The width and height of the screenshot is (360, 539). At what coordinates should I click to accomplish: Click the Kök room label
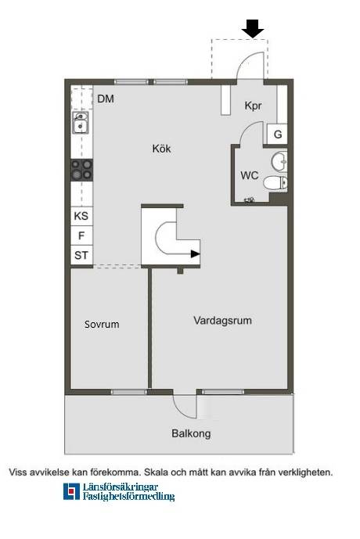click(161, 149)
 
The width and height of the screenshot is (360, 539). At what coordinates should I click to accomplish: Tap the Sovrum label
click(102, 324)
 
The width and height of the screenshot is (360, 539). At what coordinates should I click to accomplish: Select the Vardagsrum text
click(222, 321)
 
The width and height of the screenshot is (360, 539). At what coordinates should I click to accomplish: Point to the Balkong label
click(191, 433)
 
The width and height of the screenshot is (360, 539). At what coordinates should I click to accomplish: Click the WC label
click(250, 175)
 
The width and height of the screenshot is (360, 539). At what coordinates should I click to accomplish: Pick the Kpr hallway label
click(253, 106)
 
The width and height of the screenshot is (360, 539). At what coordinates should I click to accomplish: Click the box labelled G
click(277, 134)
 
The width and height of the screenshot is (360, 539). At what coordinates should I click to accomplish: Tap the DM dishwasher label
click(106, 99)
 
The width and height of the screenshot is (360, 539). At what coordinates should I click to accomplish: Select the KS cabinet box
click(81, 216)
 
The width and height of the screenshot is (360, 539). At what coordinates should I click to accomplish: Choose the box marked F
click(81, 235)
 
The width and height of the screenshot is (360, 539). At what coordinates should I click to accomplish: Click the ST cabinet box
click(81, 255)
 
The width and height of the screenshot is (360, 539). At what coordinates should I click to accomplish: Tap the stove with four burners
click(81, 171)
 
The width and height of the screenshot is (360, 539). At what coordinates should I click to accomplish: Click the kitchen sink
click(81, 123)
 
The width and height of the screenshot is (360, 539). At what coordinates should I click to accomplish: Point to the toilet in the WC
click(275, 182)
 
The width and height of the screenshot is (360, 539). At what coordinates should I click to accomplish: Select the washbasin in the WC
click(279, 161)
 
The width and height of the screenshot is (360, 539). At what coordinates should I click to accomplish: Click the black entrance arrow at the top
click(253, 28)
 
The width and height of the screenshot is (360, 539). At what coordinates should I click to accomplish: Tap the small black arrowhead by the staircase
click(196, 254)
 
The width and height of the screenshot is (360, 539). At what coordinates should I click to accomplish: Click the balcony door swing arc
click(181, 409)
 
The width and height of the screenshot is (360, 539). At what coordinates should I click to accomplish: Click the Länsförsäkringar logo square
click(71, 491)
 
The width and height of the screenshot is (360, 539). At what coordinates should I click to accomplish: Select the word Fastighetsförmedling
click(128, 497)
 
